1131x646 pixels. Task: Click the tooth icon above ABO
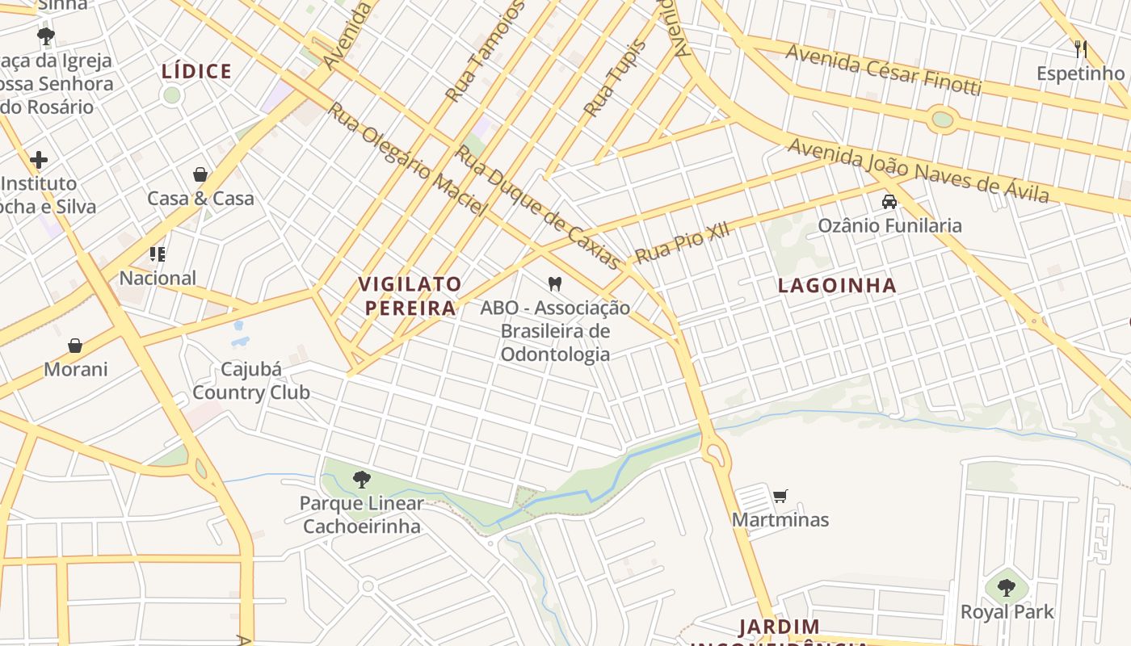pos(554,283)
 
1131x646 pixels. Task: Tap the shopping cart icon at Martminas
pos(780,496)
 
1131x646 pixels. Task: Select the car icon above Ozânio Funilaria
pos(889,202)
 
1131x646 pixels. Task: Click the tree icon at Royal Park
pos(1006,588)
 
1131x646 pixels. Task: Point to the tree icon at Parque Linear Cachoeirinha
pos(362,480)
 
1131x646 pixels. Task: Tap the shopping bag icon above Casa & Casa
pos(200,174)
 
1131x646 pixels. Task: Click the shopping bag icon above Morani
pos(75,346)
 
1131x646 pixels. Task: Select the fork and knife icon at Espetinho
pos(1081,48)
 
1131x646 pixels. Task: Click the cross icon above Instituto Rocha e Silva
pos(38,160)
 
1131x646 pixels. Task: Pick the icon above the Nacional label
pos(158,254)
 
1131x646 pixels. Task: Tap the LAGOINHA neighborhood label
pos(837,285)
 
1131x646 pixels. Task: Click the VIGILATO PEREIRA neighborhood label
pos(410,296)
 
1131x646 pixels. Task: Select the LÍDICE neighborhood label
pos(196,71)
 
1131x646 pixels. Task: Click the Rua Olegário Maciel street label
pos(406,159)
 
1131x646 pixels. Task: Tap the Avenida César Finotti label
pos(883,69)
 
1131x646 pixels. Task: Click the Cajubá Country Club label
pos(250,381)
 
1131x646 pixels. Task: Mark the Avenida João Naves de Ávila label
pos(918,170)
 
